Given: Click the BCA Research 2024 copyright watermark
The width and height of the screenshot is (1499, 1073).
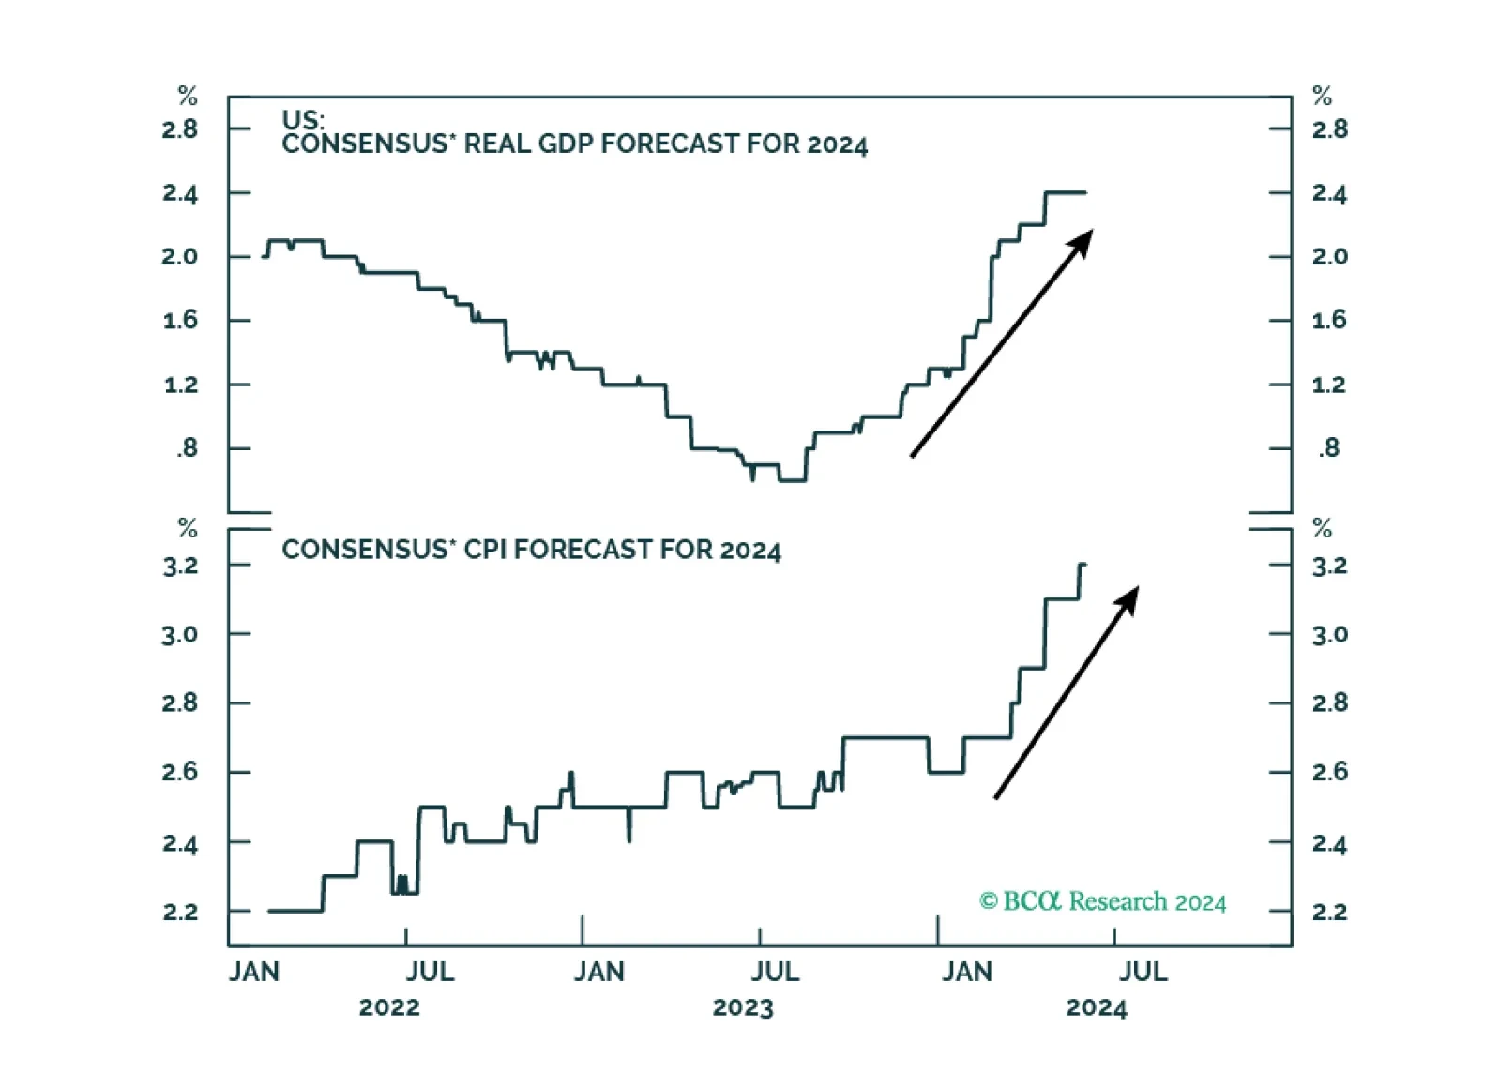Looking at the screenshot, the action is click(x=1103, y=901).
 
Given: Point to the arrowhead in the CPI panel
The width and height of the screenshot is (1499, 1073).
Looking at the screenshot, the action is click(x=1128, y=598).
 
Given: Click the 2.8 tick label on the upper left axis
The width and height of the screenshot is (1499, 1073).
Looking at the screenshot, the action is click(x=180, y=129).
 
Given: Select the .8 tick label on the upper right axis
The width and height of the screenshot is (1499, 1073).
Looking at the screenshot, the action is click(x=1329, y=447).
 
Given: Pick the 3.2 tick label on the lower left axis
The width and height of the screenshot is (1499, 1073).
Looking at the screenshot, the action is click(x=180, y=567).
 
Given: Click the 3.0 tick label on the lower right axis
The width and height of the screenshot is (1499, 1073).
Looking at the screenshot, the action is click(x=1330, y=634).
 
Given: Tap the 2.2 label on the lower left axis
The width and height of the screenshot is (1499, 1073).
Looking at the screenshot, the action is click(x=180, y=912).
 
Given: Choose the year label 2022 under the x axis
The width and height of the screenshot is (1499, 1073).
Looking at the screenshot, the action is click(x=389, y=1007).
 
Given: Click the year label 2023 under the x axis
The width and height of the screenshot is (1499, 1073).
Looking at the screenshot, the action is click(x=743, y=1007).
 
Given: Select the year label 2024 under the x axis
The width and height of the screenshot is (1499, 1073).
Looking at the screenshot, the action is click(x=1097, y=1007).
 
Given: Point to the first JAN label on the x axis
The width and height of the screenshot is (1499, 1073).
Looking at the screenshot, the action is click(x=254, y=972).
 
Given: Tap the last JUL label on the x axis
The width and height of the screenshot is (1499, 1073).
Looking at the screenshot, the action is click(x=1143, y=972).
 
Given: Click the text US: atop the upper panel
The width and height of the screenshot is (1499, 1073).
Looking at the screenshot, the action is click(x=303, y=120).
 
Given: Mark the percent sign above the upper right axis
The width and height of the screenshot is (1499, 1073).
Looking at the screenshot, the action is click(x=1322, y=96).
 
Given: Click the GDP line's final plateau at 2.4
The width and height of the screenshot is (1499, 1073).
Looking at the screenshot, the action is click(x=1066, y=192).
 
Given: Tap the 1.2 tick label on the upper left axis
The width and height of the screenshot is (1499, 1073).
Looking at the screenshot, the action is click(x=181, y=385).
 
